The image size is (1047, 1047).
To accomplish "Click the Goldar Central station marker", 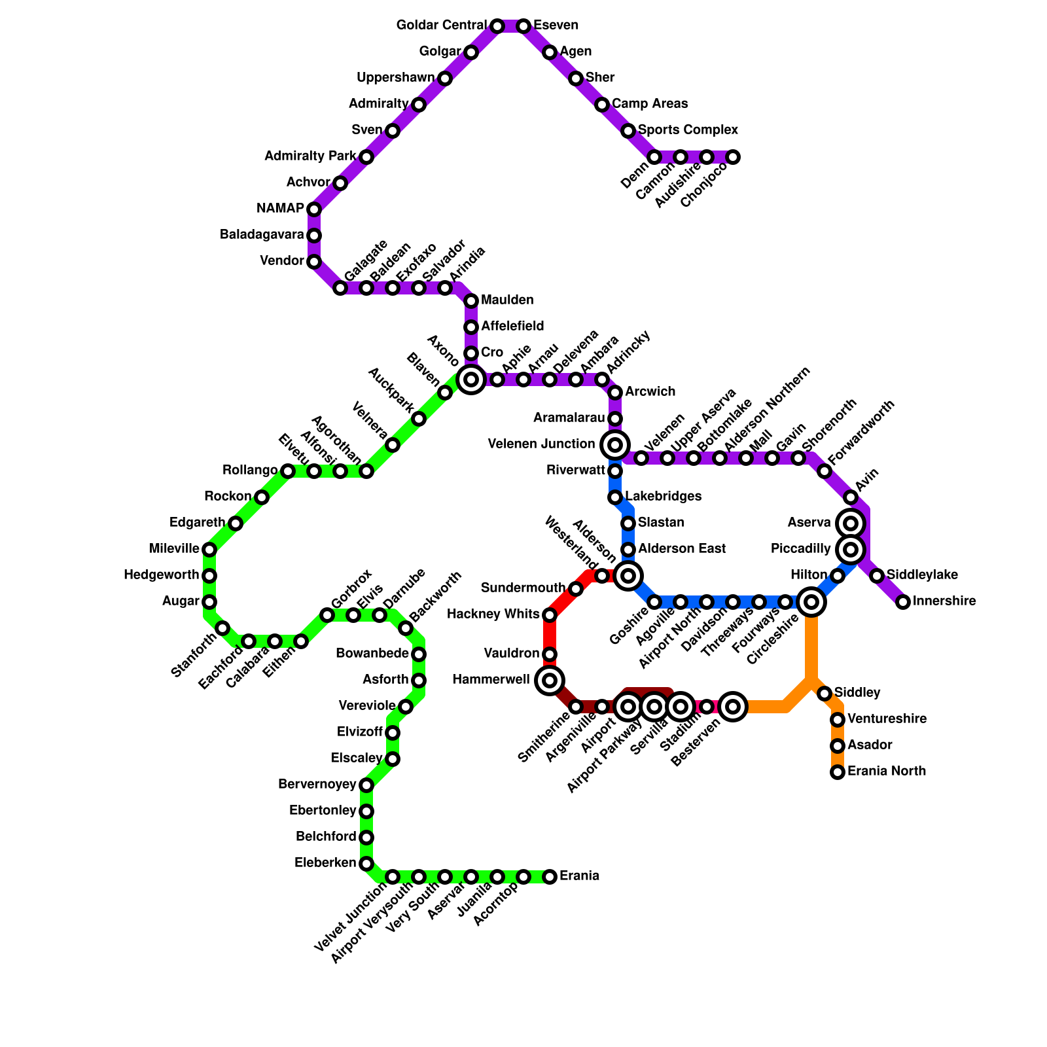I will [497, 26].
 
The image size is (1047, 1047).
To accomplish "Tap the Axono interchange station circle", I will [471, 380].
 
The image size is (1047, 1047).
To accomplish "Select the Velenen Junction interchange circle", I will [615, 445].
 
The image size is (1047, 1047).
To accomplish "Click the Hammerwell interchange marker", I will [550, 681].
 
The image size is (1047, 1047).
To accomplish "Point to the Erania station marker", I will [550, 876].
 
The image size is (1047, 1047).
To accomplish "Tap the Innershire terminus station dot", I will [903, 602].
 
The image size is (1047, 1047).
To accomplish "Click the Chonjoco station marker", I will [733, 157].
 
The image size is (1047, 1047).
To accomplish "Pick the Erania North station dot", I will [838, 772].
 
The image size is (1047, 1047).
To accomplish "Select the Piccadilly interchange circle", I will [851, 550].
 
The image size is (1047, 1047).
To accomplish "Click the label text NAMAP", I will [280, 209].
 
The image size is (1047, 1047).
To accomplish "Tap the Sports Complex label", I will [688, 130].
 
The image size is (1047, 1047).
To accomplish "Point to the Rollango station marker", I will [288, 471].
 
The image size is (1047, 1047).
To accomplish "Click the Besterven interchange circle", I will [733, 707].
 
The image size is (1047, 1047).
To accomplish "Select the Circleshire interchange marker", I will [811, 602].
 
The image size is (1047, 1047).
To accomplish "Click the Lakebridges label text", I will [663, 496].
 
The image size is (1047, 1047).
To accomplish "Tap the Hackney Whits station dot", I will [550, 615].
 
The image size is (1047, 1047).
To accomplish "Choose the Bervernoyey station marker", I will [366, 785].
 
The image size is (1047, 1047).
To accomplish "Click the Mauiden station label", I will [507, 300].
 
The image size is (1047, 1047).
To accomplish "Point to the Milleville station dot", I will [209, 550].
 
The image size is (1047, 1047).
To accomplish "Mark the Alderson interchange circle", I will [628, 576].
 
